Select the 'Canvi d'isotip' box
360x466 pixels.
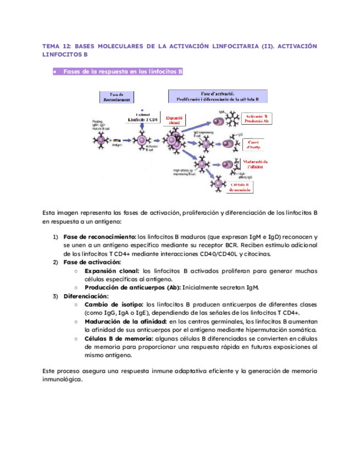(254, 145)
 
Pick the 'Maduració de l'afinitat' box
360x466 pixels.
(254, 164)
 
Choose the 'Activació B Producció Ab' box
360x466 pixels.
(256, 119)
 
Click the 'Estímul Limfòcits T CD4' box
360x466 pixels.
(143, 118)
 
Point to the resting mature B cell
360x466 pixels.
(101, 141)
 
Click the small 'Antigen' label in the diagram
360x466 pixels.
(117, 146)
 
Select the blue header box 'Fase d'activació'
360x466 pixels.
(218, 96)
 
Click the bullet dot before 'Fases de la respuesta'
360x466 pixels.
(55, 72)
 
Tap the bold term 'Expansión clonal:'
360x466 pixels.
(112, 271)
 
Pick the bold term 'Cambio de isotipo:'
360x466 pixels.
(114, 304)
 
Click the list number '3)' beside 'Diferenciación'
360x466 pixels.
(56, 296)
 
